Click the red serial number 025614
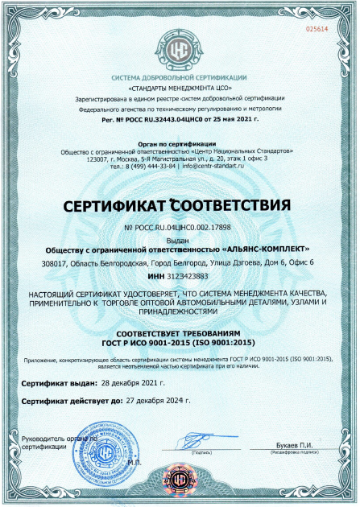point(318,29)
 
